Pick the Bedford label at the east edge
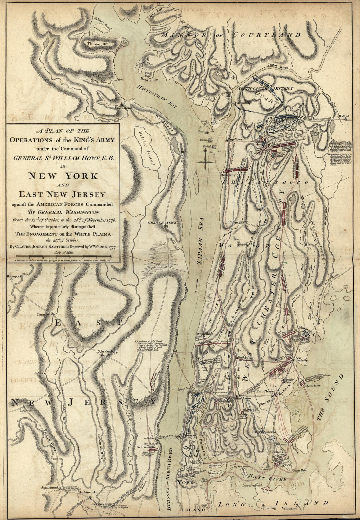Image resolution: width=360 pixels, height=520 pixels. point(344,116)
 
